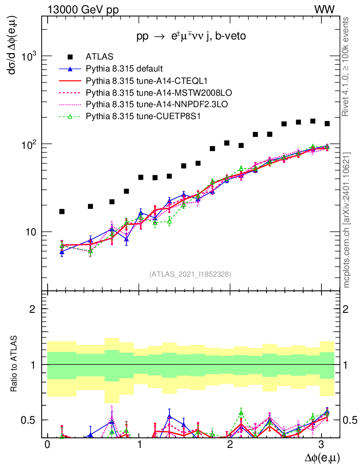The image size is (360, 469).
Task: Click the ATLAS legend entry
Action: pos(97,57)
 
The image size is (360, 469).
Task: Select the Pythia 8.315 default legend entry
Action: pos(125,69)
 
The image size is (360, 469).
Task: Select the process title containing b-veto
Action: pos(191,37)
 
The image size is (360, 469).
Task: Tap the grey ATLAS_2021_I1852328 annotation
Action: pos(190,274)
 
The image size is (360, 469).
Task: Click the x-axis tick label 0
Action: pos(47,445)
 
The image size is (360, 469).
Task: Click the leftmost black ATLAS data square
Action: pos(62,211)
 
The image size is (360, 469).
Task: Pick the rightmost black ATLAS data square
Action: pos(327,124)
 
